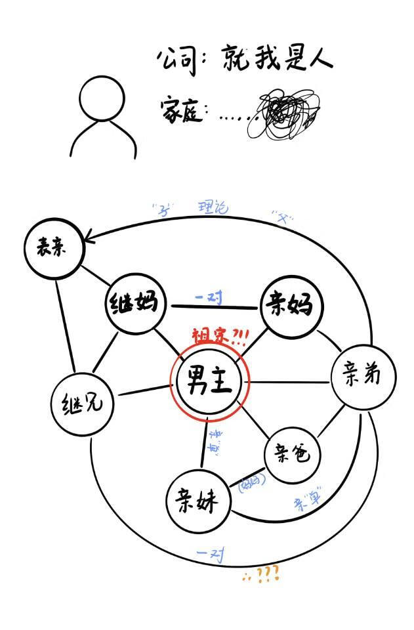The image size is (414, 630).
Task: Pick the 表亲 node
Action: point(52,248)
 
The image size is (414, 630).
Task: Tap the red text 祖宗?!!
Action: point(220,337)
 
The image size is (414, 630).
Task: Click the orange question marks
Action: point(262,575)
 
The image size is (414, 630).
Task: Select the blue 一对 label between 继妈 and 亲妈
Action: point(209,298)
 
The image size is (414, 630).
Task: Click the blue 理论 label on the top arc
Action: point(213,209)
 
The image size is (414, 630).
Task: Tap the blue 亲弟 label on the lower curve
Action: point(307,500)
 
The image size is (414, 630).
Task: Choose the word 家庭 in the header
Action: point(179,111)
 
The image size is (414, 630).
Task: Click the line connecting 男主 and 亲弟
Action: point(289,381)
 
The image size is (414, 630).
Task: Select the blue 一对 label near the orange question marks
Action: point(211,555)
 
